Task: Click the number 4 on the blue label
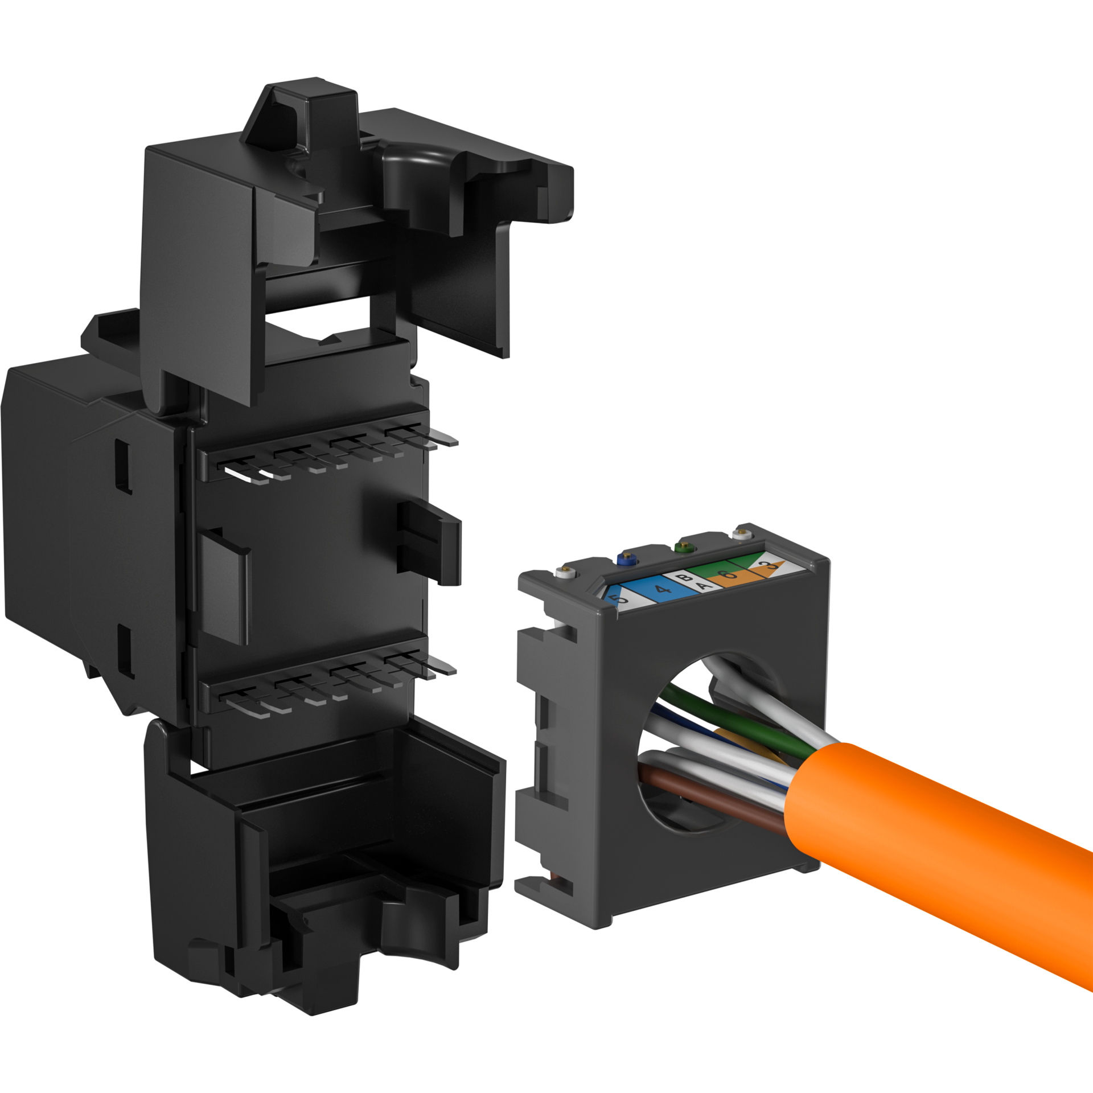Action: (x=662, y=590)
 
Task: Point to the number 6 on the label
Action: (x=730, y=574)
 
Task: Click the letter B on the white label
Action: (x=687, y=578)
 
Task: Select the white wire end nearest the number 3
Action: (x=741, y=533)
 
